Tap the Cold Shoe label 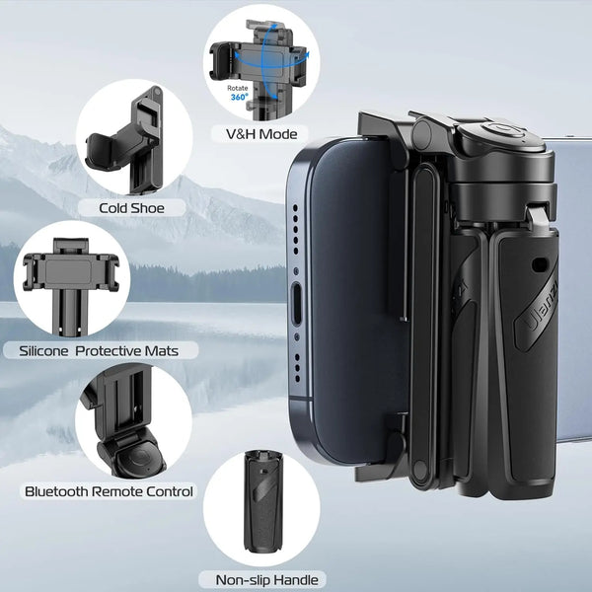click(x=131, y=208)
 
